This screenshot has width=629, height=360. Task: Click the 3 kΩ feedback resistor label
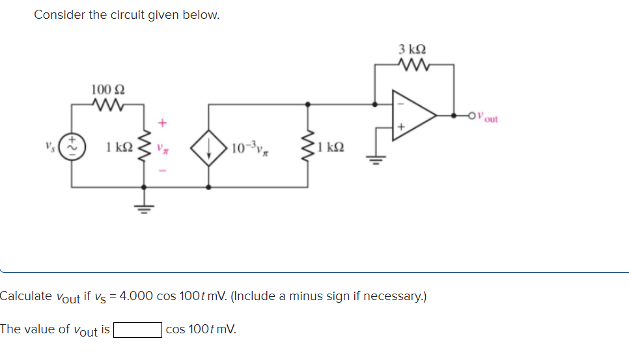pyautogui.click(x=412, y=49)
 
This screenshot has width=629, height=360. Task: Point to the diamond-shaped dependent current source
pyautogui.click(x=208, y=148)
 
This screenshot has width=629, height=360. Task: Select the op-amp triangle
pyautogui.click(x=411, y=116)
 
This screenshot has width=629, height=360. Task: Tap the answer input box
pyautogui.click(x=137, y=329)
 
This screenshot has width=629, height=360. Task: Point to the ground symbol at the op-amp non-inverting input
pyautogui.click(x=376, y=158)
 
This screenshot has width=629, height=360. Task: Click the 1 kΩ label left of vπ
pyautogui.click(x=117, y=147)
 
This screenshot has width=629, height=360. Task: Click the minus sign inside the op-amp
pyautogui.click(x=400, y=104)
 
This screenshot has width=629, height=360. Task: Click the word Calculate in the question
pyautogui.click(x=26, y=296)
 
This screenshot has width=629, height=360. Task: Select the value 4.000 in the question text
pyautogui.click(x=136, y=296)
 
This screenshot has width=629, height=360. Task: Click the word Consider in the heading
pyautogui.click(x=59, y=14)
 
